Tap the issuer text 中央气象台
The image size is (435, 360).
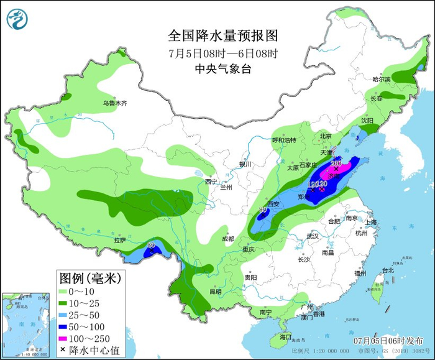click(x=222, y=69)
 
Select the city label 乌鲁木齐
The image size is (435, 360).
click(x=115, y=103)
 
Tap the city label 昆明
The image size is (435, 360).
click(x=215, y=291)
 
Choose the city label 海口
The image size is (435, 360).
click(x=285, y=336)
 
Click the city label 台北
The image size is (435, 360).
click(x=388, y=270)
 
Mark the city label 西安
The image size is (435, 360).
click(x=273, y=204)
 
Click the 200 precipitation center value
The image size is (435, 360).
click(x=337, y=162)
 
